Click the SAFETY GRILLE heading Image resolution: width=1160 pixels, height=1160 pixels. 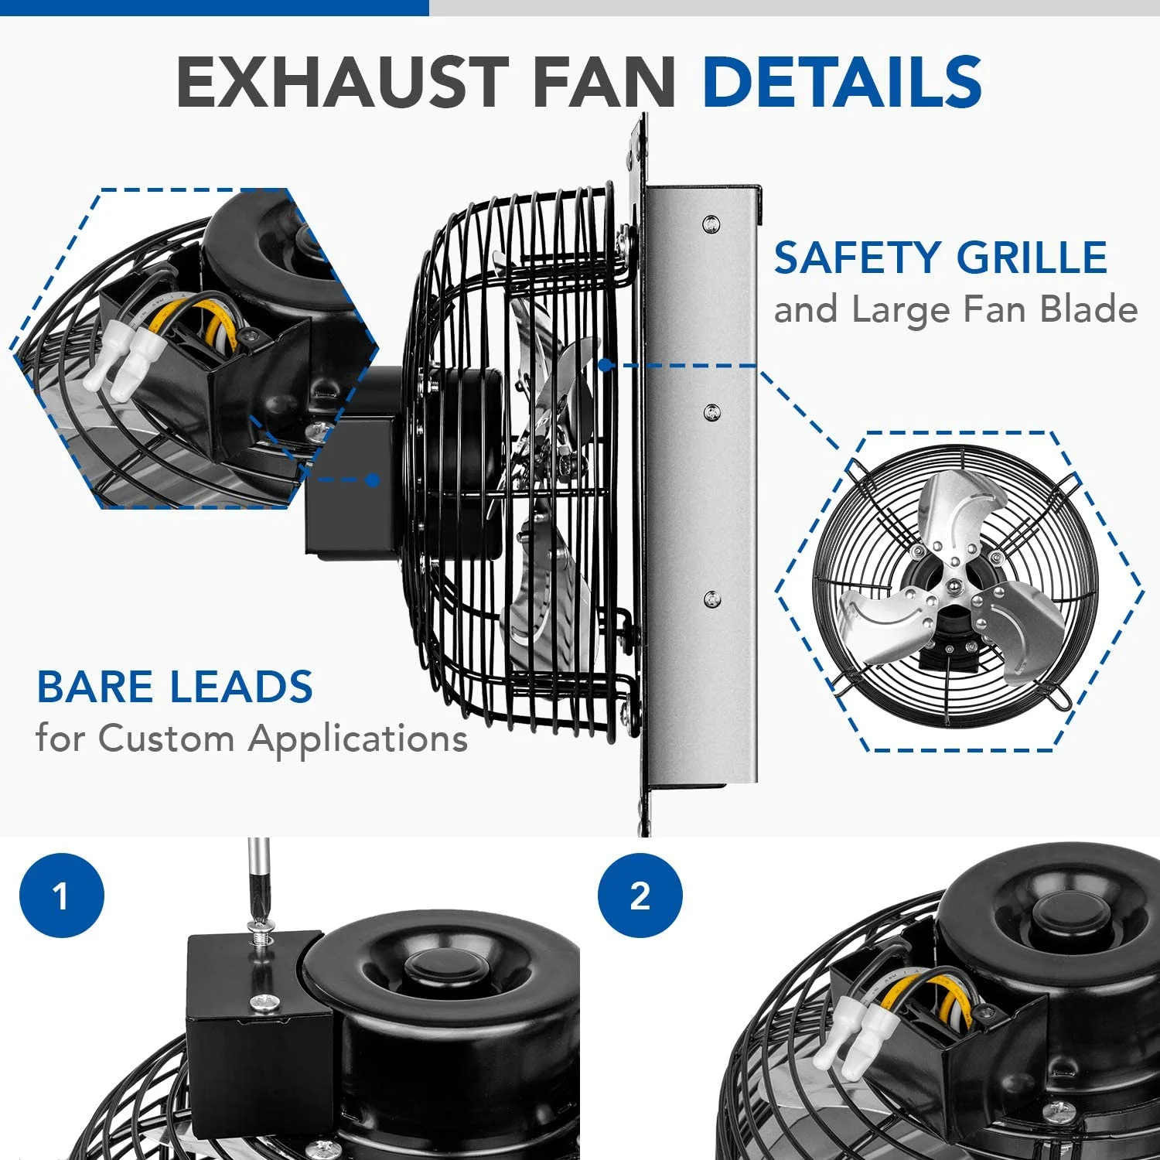click(x=940, y=258)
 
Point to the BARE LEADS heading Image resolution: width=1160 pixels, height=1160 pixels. click(x=175, y=687)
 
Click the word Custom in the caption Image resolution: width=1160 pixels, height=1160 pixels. click(x=166, y=738)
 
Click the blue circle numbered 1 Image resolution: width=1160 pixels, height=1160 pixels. click(x=62, y=896)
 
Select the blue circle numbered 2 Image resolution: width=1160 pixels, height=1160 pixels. click(x=640, y=896)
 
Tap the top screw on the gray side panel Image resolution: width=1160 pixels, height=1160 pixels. click(x=711, y=224)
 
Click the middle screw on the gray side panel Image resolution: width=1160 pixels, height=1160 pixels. click(x=712, y=412)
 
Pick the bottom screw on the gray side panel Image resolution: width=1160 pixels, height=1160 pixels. click(x=712, y=599)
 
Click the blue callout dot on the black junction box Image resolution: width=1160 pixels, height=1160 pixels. click(x=373, y=479)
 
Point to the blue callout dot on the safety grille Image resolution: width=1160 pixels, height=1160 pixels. click(x=606, y=364)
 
